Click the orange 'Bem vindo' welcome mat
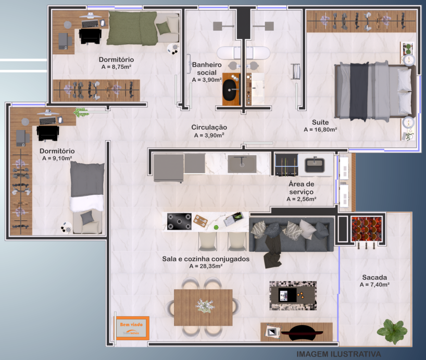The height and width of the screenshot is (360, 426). pyautogui.click(x=132, y=328)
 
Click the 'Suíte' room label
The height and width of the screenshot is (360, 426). pyautogui.click(x=320, y=122)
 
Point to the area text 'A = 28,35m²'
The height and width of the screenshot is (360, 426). pyautogui.click(x=206, y=266)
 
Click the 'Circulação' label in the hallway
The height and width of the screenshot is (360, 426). pyautogui.click(x=209, y=127)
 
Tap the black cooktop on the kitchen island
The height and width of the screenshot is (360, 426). pyautogui.click(x=179, y=222)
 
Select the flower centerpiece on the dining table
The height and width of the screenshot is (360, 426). pyautogui.click(x=205, y=306)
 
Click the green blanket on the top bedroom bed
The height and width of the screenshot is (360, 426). pyautogui.click(x=132, y=28)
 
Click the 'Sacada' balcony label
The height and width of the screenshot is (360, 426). pyautogui.click(x=374, y=277)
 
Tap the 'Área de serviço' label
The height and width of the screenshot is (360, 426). pyautogui.click(x=302, y=188)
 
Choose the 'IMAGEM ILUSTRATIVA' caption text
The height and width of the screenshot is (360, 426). pyautogui.click(x=339, y=354)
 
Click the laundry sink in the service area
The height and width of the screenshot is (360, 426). pyautogui.click(x=315, y=165)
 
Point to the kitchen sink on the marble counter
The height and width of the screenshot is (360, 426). pyautogui.click(x=242, y=164)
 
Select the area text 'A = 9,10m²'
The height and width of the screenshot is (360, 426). pyautogui.click(x=57, y=158)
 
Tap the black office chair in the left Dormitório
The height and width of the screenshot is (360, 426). pyautogui.click(x=48, y=133)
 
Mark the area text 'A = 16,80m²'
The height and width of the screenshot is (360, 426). pyautogui.click(x=320, y=130)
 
